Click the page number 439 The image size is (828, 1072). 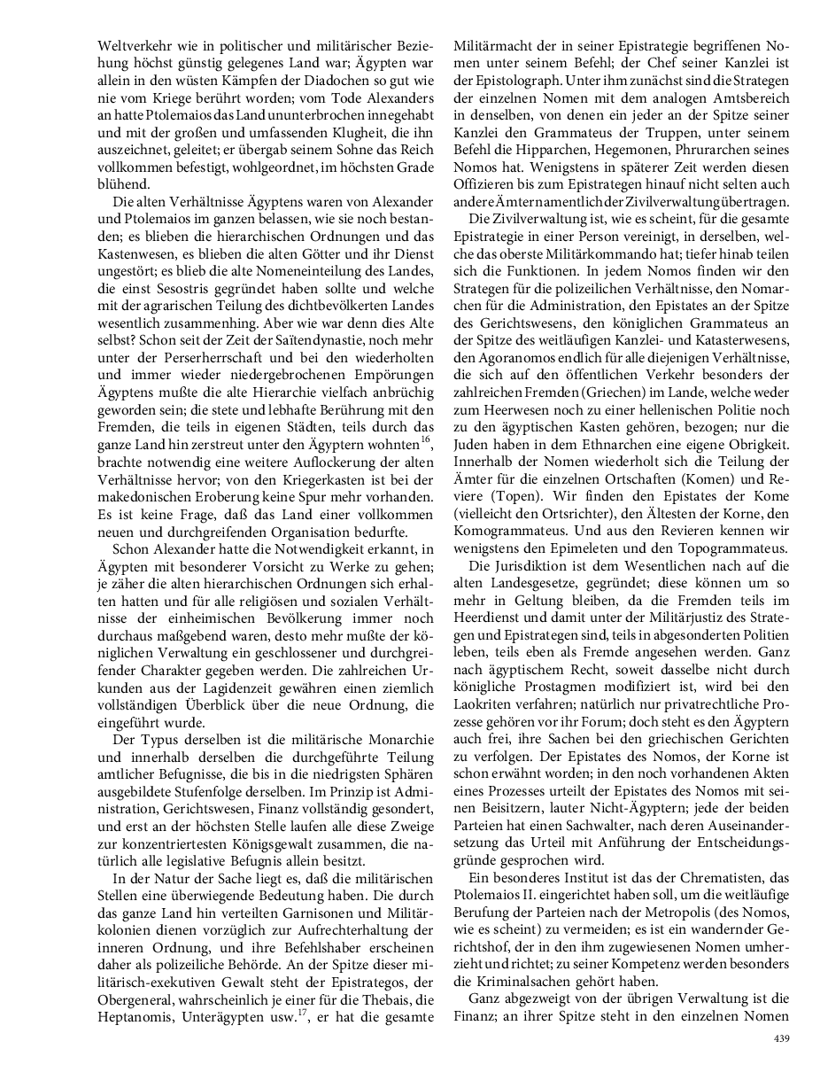pos(781,1038)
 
